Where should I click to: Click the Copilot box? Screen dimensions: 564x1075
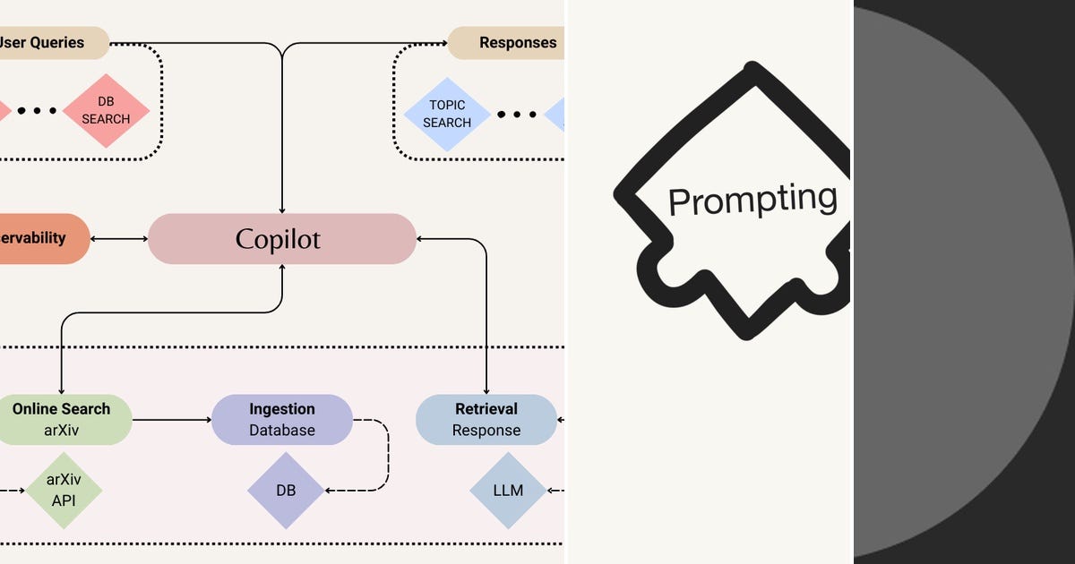[281, 239]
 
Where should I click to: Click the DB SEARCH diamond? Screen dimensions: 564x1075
[106, 111]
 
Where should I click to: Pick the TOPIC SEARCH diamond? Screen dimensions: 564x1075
[446, 114]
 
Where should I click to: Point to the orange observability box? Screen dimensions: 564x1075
[40, 238]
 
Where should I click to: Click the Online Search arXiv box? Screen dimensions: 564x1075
[61, 419]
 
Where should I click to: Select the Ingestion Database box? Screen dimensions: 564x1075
[281, 419]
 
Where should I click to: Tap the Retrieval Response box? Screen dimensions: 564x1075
[486, 419]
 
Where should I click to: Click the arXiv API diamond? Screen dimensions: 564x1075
[63, 491]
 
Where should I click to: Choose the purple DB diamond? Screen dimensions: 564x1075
[286, 491]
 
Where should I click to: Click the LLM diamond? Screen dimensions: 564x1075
[508, 491]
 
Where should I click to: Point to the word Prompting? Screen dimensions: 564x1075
[752, 199]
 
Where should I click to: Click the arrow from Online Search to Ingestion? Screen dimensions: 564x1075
[171, 419]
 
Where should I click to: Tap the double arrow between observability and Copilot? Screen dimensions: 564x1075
[119, 238]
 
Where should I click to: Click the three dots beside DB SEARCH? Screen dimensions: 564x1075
[37, 111]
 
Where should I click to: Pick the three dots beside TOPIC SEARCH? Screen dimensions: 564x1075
[517, 115]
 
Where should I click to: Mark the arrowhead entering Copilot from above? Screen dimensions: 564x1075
[282, 208]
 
